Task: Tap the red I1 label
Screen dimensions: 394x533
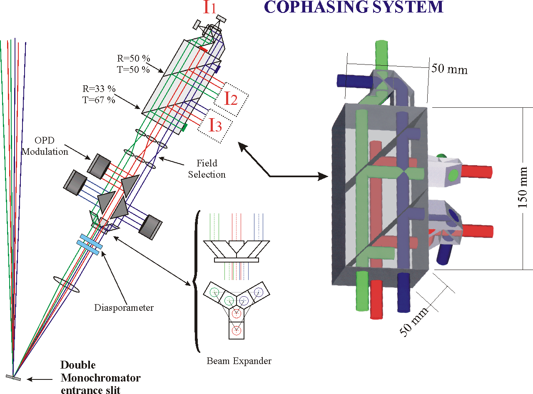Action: pos(209,8)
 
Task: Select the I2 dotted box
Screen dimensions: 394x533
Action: pos(232,98)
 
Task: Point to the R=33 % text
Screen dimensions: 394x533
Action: pos(99,89)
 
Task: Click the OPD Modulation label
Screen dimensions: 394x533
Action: pos(45,147)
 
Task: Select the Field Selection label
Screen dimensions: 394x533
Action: pos(206,169)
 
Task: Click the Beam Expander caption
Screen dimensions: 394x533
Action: pos(239,361)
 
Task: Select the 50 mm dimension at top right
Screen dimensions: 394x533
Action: pos(449,69)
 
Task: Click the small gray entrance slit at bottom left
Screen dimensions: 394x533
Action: pos(13,378)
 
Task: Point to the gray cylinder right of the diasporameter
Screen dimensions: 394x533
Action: pos(150,228)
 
